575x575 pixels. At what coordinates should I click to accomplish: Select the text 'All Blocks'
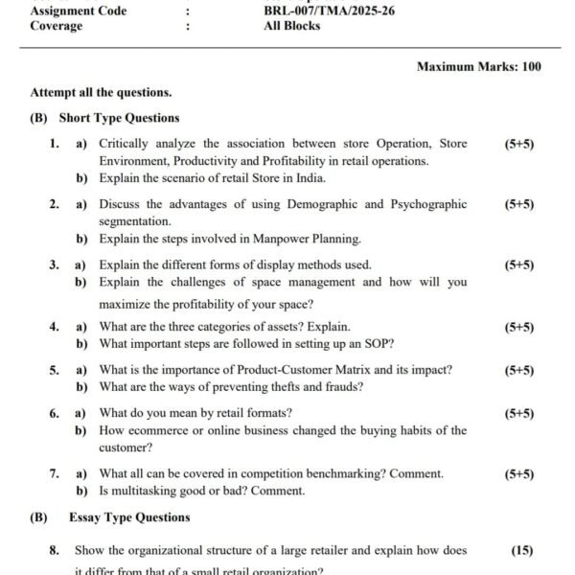pyautogui.click(x=292, y=26)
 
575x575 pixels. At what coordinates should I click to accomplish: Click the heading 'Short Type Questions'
pyautogui.click(x=119, y=118)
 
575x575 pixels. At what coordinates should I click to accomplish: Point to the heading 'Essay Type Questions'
pyautogui.click(x=129, y=517)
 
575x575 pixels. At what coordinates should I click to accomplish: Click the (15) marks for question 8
pyautogui.click(x=521, y=551)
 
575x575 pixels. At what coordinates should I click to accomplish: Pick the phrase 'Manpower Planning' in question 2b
pyautogui.click(x=306, y=239)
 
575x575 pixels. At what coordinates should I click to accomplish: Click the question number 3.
pyautogui.click(x=55, y=264)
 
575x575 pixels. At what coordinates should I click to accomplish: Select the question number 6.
pyautogui.click(x=55, y=414)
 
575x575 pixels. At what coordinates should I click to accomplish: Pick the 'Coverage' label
pyautogui.click(x=57, y=26)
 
